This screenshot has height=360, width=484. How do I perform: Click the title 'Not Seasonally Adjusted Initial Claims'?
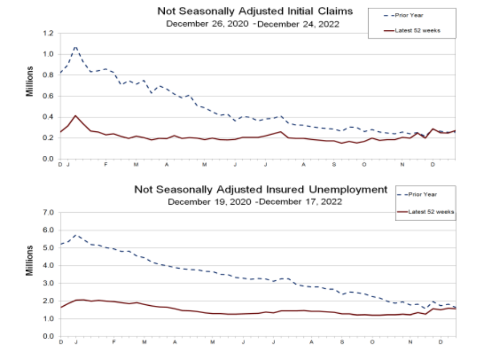[x=255, y=11]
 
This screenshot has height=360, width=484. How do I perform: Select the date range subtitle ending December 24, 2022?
[x=252, y=24]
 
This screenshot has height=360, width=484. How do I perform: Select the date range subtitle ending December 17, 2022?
[x=254, y=202]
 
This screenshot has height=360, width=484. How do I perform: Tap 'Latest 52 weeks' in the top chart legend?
[x=417, y=30]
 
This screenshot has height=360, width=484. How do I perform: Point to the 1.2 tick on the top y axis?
[x=49, y=34]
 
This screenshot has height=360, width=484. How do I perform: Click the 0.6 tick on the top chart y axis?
[x=49, y=96]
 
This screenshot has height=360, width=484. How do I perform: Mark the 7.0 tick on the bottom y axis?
[x=49, y=213]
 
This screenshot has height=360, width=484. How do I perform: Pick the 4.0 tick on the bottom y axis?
[x=49, y=265]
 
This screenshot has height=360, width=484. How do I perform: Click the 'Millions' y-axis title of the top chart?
[x=31, y=81]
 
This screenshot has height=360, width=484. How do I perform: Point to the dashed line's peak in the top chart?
[x=75, y=46]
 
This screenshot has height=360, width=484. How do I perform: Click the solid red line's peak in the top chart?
[x=75, y=115]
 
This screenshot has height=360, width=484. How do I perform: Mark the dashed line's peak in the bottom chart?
[x=76, y=235]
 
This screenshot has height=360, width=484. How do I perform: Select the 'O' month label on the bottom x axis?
[x=372, y=341]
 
